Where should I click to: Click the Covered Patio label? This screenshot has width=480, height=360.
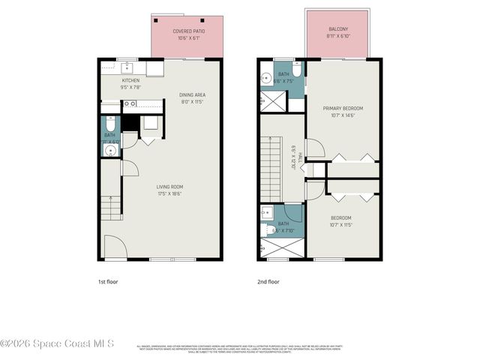pos(188,31)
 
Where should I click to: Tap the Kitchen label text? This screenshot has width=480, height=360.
pos(131,80)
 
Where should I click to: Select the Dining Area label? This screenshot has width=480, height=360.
pos(192,94)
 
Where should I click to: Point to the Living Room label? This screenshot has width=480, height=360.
pos(169,187)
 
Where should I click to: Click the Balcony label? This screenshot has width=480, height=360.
pos(337,31)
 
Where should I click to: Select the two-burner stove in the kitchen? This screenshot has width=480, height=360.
pos(130,104)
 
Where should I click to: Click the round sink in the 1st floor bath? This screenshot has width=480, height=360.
pos(111,150)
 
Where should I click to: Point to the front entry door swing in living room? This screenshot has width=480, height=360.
pos(115,247)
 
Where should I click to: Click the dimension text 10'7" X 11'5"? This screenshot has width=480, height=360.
pos(340,225)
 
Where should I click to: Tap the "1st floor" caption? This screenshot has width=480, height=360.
pos(108,282)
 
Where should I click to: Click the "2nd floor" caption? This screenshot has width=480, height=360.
pos(268,282)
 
